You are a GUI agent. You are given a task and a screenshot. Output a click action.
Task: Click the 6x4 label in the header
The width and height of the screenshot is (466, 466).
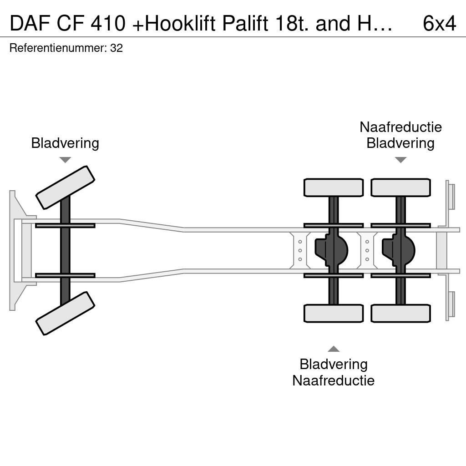click(439, 23)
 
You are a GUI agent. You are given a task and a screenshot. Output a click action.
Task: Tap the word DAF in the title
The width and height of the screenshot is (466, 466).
click(30, 23)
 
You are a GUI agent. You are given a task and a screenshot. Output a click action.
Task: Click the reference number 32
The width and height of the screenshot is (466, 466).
click(116, 48)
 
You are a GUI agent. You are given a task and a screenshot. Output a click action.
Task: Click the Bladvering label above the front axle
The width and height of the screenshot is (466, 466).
click(65, 143)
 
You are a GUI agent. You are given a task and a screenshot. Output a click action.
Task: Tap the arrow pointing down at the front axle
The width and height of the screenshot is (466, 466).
click(65, 160)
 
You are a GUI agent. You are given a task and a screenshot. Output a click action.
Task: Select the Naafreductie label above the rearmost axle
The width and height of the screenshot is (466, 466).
click(400, 127)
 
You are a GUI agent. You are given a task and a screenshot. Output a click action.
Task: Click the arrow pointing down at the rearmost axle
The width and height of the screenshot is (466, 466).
click(400, 160)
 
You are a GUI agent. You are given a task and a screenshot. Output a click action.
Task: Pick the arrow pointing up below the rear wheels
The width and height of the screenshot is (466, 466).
click(334, 349)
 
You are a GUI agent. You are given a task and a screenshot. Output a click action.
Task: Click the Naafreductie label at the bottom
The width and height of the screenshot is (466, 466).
click(334, 380)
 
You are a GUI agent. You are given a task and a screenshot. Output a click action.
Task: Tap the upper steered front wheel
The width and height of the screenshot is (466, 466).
click(65, 187)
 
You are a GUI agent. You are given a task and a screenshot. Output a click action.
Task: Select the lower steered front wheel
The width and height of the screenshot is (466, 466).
click(65, 313)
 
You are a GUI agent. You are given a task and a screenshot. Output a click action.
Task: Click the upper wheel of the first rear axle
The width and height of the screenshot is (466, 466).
click(334, 187)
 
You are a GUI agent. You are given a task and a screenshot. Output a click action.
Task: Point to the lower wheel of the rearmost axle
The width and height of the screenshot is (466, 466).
click(400, 313)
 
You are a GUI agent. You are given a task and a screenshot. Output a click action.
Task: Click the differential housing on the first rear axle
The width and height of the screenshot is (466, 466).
click(331, 250)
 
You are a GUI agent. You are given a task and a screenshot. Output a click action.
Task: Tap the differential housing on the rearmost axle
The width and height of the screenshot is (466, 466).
click(398, 250)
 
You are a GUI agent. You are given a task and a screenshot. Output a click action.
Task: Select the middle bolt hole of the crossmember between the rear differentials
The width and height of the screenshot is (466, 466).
click(367, 251)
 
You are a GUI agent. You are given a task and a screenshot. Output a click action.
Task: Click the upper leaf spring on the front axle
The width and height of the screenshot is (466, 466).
click(65, 226)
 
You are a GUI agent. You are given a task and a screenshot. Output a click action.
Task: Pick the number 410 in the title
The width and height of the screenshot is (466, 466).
click(108, 23)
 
